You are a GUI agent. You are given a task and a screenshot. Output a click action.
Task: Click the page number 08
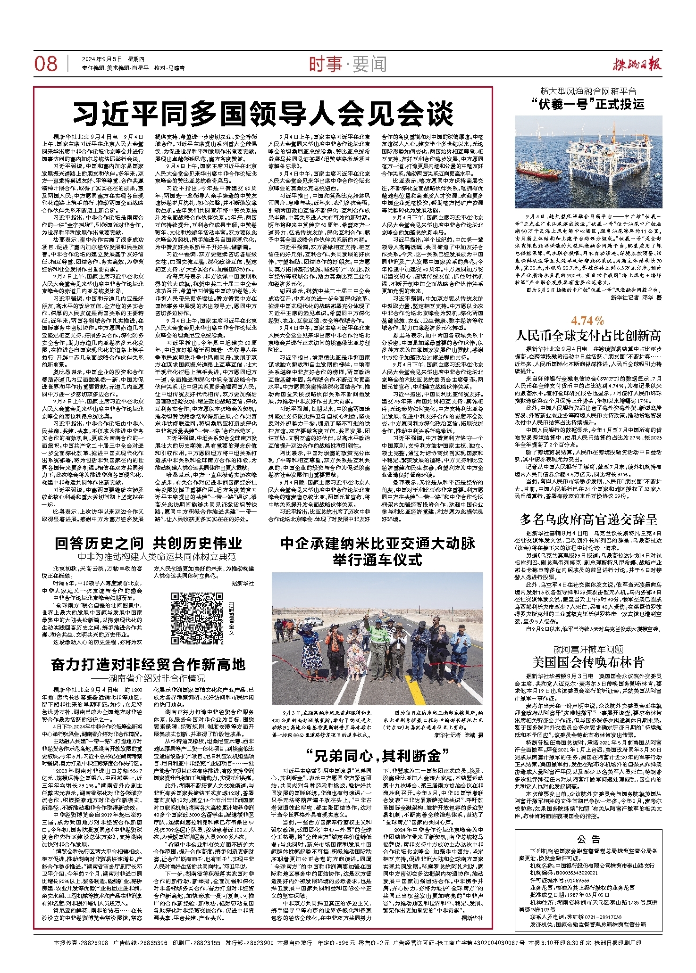click(x=46, y=64)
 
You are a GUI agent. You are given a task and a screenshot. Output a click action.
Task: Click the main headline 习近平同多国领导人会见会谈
click(x=263, y=113)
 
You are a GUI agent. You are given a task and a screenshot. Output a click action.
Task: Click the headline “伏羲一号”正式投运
click(x=591, y=104)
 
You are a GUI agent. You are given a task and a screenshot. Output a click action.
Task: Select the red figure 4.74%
click(x=587, y=321)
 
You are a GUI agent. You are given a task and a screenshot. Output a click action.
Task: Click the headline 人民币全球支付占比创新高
click(x=588, y=336)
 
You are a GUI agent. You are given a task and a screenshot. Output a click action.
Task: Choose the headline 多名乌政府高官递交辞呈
click(x=588, y=519)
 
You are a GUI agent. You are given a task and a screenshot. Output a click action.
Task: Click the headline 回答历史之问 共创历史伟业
click(x=148, y=544)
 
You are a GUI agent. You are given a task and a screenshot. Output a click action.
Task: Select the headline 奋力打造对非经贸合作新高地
click(x=148, y=665)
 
